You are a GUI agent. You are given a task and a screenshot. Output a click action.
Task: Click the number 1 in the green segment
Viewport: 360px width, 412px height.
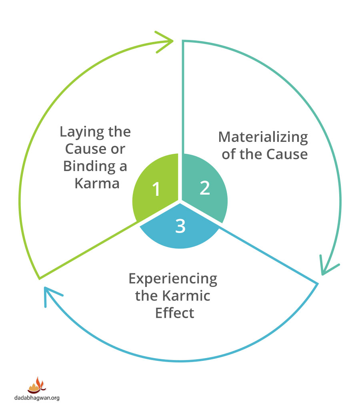pos(156,189)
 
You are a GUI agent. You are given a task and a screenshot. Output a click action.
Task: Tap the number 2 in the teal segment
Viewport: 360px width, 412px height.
pos(204,188)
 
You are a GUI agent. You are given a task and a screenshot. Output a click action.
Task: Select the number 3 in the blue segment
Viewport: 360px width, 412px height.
pos(180,226)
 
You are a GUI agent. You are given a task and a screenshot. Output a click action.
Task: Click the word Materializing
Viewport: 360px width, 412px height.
pos(263,137)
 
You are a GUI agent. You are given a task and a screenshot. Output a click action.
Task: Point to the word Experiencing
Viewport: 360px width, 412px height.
pos(173,279)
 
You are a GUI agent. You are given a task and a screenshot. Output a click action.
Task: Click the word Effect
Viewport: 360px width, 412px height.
pos(174,312)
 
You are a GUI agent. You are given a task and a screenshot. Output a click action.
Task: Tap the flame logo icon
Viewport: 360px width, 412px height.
pos(37,385)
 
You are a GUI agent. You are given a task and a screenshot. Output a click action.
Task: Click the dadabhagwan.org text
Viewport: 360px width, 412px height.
pos(37,398)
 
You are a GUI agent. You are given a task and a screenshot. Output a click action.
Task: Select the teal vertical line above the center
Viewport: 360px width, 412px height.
pos(183,96)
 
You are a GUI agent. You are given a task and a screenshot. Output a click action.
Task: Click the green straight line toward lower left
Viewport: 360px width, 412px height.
pos(88,250)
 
